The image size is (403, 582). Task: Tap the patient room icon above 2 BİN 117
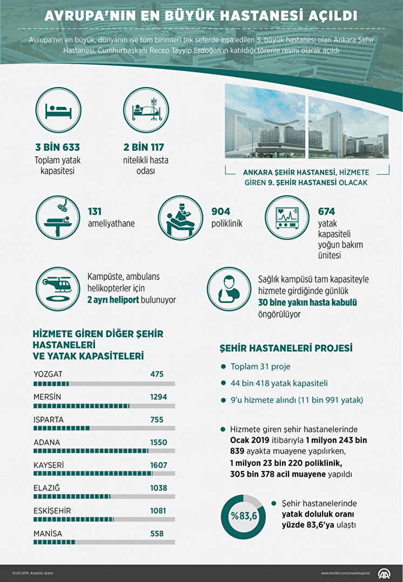(143, 112)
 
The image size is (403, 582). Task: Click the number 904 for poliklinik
(221, 211)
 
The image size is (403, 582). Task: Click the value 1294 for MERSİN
(159, 397)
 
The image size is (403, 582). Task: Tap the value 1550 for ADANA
(159, 442)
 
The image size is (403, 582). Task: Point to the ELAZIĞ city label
(46, 488)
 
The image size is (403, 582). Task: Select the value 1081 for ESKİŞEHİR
(159, 510)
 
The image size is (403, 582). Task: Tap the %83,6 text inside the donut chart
(244, 516)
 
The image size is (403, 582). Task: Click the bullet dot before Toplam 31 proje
(223, 367)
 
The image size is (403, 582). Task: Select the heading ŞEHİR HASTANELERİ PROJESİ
(285, 348)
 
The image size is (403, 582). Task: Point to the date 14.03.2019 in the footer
(21, 573)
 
